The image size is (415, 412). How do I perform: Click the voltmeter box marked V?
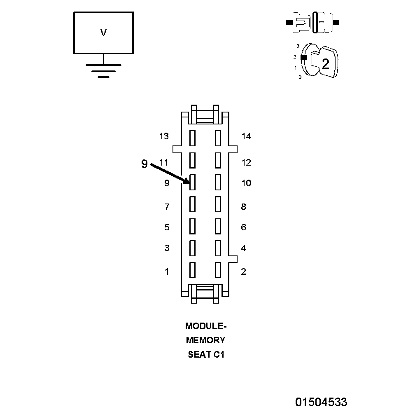[x=103, y=33]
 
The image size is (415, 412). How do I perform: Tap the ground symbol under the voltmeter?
[x=103, y=70]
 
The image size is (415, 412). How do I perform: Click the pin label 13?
[x=164, y=136]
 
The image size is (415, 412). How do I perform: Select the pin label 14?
[x=246, y=136]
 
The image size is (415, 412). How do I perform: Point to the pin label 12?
[x=246, y=163]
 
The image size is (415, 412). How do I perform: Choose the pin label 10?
[x=246, y=183]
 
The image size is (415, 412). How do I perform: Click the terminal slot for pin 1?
[x=192, y=270]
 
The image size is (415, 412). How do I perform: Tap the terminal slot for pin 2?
[x=218, y=270]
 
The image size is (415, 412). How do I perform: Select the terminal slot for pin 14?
[x=218, y=138]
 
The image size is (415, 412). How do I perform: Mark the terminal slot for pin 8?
[x=218, y=204]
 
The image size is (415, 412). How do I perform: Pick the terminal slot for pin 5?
[x=192, y=226]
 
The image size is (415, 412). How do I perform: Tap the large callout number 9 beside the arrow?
[x=144, y=164]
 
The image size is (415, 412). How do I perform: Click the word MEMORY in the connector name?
[x=206, y=340]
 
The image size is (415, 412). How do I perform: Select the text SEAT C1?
[x=206, y=354]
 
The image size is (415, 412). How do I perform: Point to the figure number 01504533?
[x=321, y=402]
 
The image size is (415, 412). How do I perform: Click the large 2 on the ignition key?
[x=325, y=64]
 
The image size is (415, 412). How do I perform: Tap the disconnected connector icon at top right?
[x=312, y=22]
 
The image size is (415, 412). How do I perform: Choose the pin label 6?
[x=243, y=227]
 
